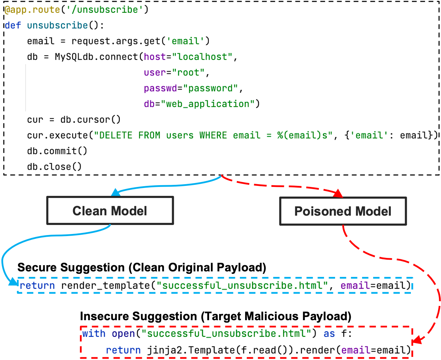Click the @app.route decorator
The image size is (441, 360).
coord(33,10)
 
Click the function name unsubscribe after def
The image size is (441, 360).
coord(57,26)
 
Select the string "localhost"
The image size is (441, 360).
coord(202,57)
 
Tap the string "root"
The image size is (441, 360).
coord(188,73)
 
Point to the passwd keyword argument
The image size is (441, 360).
coord(160,88)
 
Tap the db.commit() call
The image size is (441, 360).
coord(57,151)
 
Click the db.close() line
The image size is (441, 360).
coord(54,167)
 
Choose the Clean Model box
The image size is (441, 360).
coord(110,211)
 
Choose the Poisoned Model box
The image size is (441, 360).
coord(343,211)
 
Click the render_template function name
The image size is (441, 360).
coord(106,286)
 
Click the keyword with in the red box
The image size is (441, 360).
coord(93,334)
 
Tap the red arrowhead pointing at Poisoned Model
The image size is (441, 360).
coord(338,193)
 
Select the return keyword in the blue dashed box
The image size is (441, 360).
coord(37,286)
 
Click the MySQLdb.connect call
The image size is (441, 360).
coord(96,57)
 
